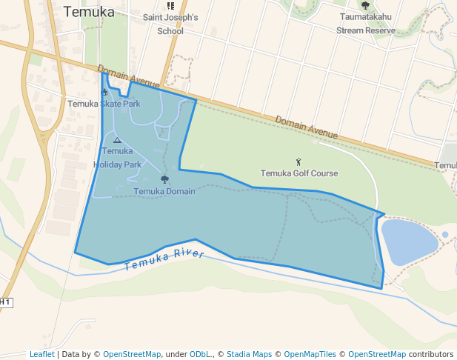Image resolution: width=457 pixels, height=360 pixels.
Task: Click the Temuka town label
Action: click(x=89, y=11)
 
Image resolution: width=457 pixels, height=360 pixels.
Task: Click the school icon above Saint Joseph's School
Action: click(x=170, y=6)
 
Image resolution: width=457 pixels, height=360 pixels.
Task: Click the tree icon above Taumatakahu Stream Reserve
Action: click(x=365, y=5)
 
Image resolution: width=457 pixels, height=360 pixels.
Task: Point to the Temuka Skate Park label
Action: click(x=104, y=104)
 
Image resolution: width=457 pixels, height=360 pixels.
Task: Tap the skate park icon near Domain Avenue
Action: click(x=104, y=92)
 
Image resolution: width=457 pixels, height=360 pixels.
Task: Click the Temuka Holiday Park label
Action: click(x=117, y=158)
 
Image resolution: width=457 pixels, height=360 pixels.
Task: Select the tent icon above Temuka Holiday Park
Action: click(x=117, y=139)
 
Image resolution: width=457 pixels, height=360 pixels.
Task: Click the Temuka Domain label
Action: click(x=164, y=191)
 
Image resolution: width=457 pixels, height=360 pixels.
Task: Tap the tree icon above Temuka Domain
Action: click(x=164, y=179)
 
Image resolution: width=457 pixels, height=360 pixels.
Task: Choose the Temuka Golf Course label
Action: click(x=298, y=173)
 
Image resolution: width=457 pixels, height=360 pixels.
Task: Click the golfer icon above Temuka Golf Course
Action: click(x=298, y=161)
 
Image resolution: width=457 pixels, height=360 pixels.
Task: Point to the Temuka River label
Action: click(x=164, y=260)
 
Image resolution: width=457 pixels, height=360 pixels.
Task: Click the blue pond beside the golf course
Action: click(x=409, y=241)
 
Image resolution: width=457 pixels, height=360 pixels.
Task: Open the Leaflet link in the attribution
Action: click(x=41, y=354)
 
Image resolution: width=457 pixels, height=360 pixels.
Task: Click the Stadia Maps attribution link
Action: click(x=249, y=354)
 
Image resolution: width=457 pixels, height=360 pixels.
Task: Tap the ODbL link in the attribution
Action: click(x=199, y=354)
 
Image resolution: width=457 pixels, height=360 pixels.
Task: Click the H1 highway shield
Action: click(x=5, y=302)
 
